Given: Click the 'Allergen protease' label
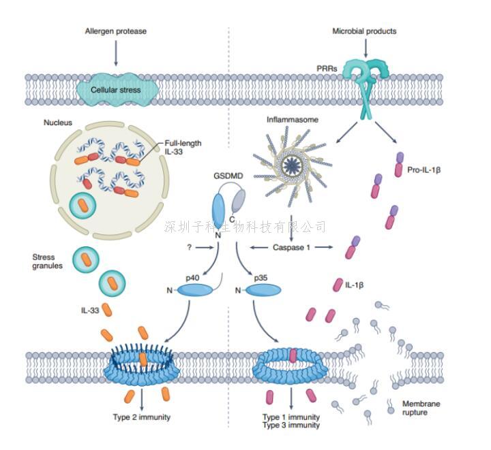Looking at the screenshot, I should (116, 31).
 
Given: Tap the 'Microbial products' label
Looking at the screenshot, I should (364, 31).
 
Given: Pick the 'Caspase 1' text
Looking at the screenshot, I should (291, 248).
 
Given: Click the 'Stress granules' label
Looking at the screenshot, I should (48, 262).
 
